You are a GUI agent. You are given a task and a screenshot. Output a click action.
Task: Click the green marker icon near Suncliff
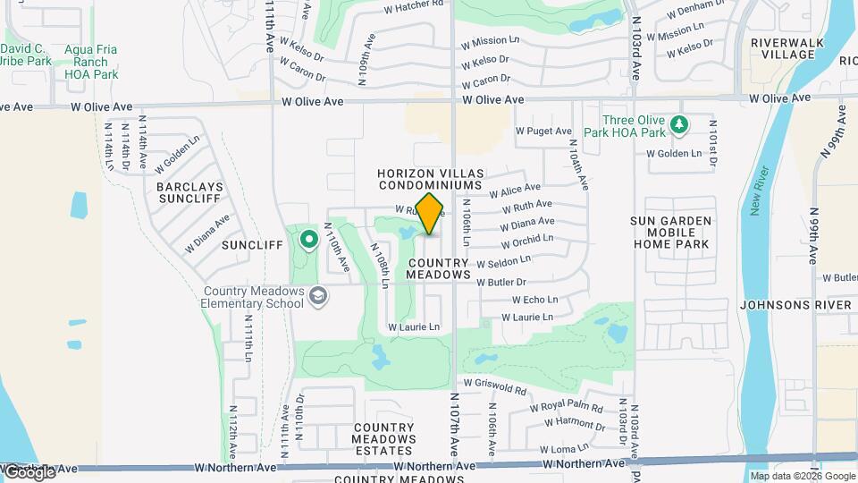pyautogui.click(x=309, y=240)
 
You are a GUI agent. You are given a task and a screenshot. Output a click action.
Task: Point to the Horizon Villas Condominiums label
pyautogui.click(x=429, y=179)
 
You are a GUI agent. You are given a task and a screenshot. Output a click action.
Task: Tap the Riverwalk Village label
pyautogui.click(x=783, y=48)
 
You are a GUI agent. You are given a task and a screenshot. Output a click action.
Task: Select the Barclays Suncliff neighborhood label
pyautogui.click(x=188, y=192)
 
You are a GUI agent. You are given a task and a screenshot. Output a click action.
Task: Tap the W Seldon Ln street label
pyautogui.click(x=503, y=262)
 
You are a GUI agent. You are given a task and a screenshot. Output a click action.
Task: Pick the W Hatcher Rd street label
pyautogui.click(x=414, y=8)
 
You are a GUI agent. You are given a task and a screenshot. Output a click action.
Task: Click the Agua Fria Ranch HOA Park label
pyautogui.click(x=91, y=62)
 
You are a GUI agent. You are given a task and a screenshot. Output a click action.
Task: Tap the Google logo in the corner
pyautogui.click(x=29, y=471)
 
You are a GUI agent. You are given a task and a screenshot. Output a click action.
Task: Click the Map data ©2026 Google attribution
pyautogui.click(x=802, y=476)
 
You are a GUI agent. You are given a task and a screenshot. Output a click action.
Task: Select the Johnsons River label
pyautogui.click(x=795, y=305)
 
